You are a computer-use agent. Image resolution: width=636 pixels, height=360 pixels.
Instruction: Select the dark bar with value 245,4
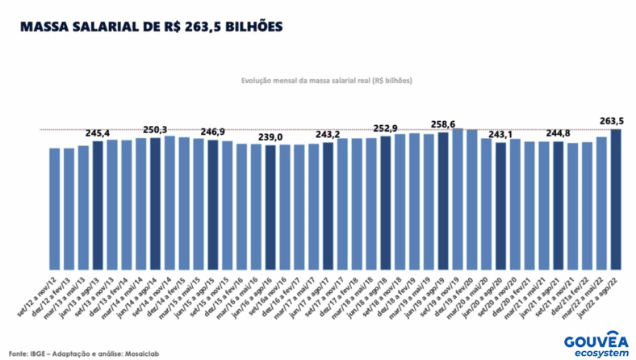pos(98,206)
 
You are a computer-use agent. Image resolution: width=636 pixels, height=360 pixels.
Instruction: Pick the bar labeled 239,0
pos(270,208)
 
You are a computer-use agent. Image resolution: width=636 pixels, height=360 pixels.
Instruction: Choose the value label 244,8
pos(558,133)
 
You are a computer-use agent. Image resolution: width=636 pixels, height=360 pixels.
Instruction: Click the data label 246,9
pos(212,131)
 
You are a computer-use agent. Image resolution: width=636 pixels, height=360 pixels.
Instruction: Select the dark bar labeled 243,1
pos(500,207)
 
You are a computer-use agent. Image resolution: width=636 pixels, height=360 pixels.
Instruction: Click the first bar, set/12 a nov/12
pos(55,209)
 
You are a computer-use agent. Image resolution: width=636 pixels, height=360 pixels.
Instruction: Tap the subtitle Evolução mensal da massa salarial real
pos(327,82)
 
